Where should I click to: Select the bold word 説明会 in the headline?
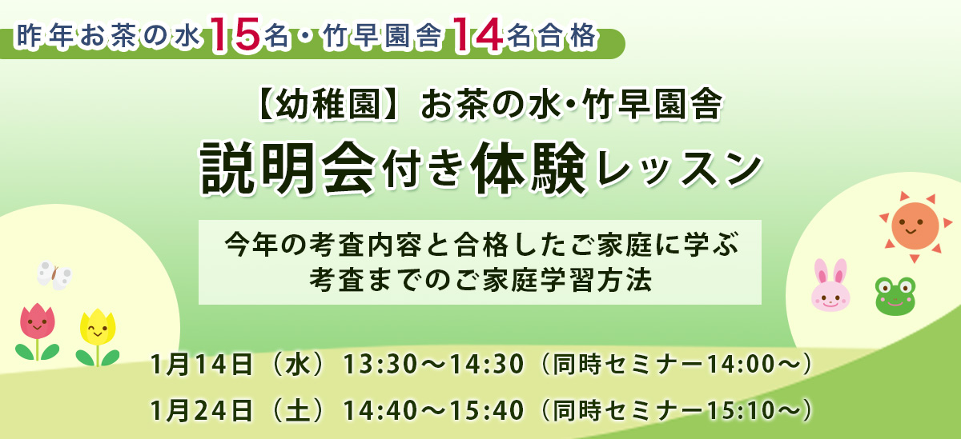[x=287, y=166]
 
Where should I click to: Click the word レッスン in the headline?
[x=683, y=168]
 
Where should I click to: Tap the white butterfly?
[x=54, y=275]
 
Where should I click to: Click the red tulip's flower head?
[x=37, y=321]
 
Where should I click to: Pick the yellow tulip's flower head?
[x=98, y=327]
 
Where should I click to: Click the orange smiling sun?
[x=914, y=225]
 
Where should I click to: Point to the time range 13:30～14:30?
[x=433, y=365]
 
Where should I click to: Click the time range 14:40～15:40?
[x=433, y=409]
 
